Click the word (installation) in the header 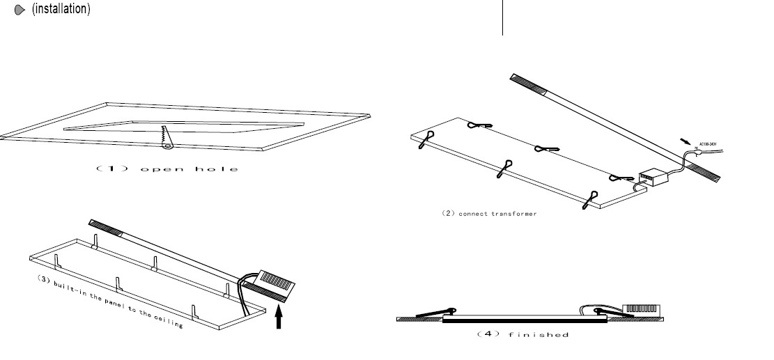(61, 10)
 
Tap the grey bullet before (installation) (20, 11)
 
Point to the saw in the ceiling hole (167, 136)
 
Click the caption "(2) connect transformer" (489, 213)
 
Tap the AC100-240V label (709, 145)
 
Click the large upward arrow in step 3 (279, 318)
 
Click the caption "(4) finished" (523, 335)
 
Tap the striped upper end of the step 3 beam (105, 227)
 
